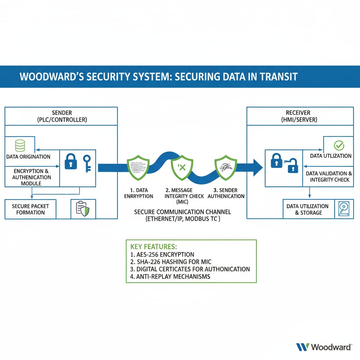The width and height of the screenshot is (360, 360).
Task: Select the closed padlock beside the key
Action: pos(71,161)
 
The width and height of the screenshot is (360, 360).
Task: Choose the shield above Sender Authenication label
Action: pos(226,167)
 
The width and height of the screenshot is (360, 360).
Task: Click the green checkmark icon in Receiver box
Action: pos(339,145)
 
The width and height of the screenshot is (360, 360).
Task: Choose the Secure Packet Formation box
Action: pos(30,209)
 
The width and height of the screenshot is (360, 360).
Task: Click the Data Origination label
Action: pos(28,157)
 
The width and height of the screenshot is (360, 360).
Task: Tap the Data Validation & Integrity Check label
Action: pos(329,176)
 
